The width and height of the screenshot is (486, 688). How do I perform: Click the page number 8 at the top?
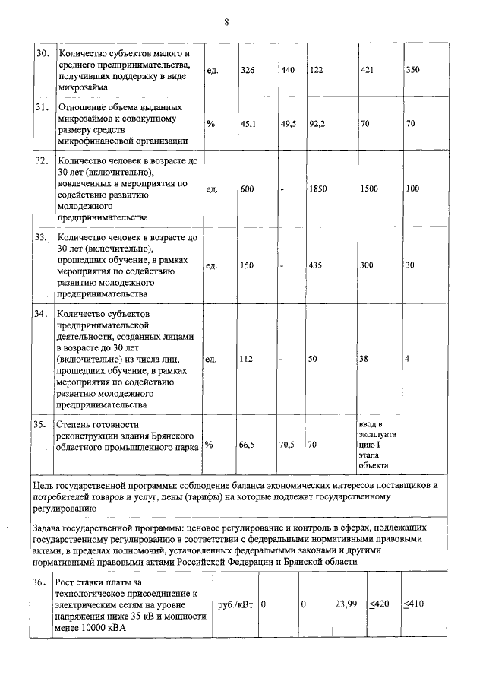pos(226,21)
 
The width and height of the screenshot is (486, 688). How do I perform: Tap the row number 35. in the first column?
pos(43,423)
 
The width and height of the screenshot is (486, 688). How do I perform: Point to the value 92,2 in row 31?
pos(317,124)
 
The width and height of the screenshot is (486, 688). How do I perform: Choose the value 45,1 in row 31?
pos(248,124)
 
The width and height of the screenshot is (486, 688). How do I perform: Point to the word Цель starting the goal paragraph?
pos(46,484)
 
